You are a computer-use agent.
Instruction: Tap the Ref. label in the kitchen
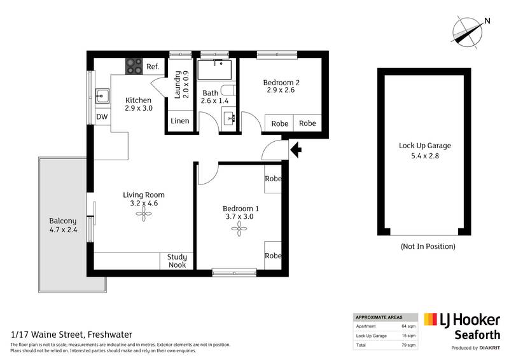(153, 66)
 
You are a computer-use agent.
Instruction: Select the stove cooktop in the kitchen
(134, 66)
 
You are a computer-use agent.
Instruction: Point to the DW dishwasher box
(102, 117)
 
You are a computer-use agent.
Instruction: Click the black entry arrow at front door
(295, 150)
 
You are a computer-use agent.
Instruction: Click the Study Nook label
(177, 261)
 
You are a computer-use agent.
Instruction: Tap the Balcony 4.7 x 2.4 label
(63, 226)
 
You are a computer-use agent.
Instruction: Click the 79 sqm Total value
(408, 345)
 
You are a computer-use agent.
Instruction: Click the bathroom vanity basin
(230, 118)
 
